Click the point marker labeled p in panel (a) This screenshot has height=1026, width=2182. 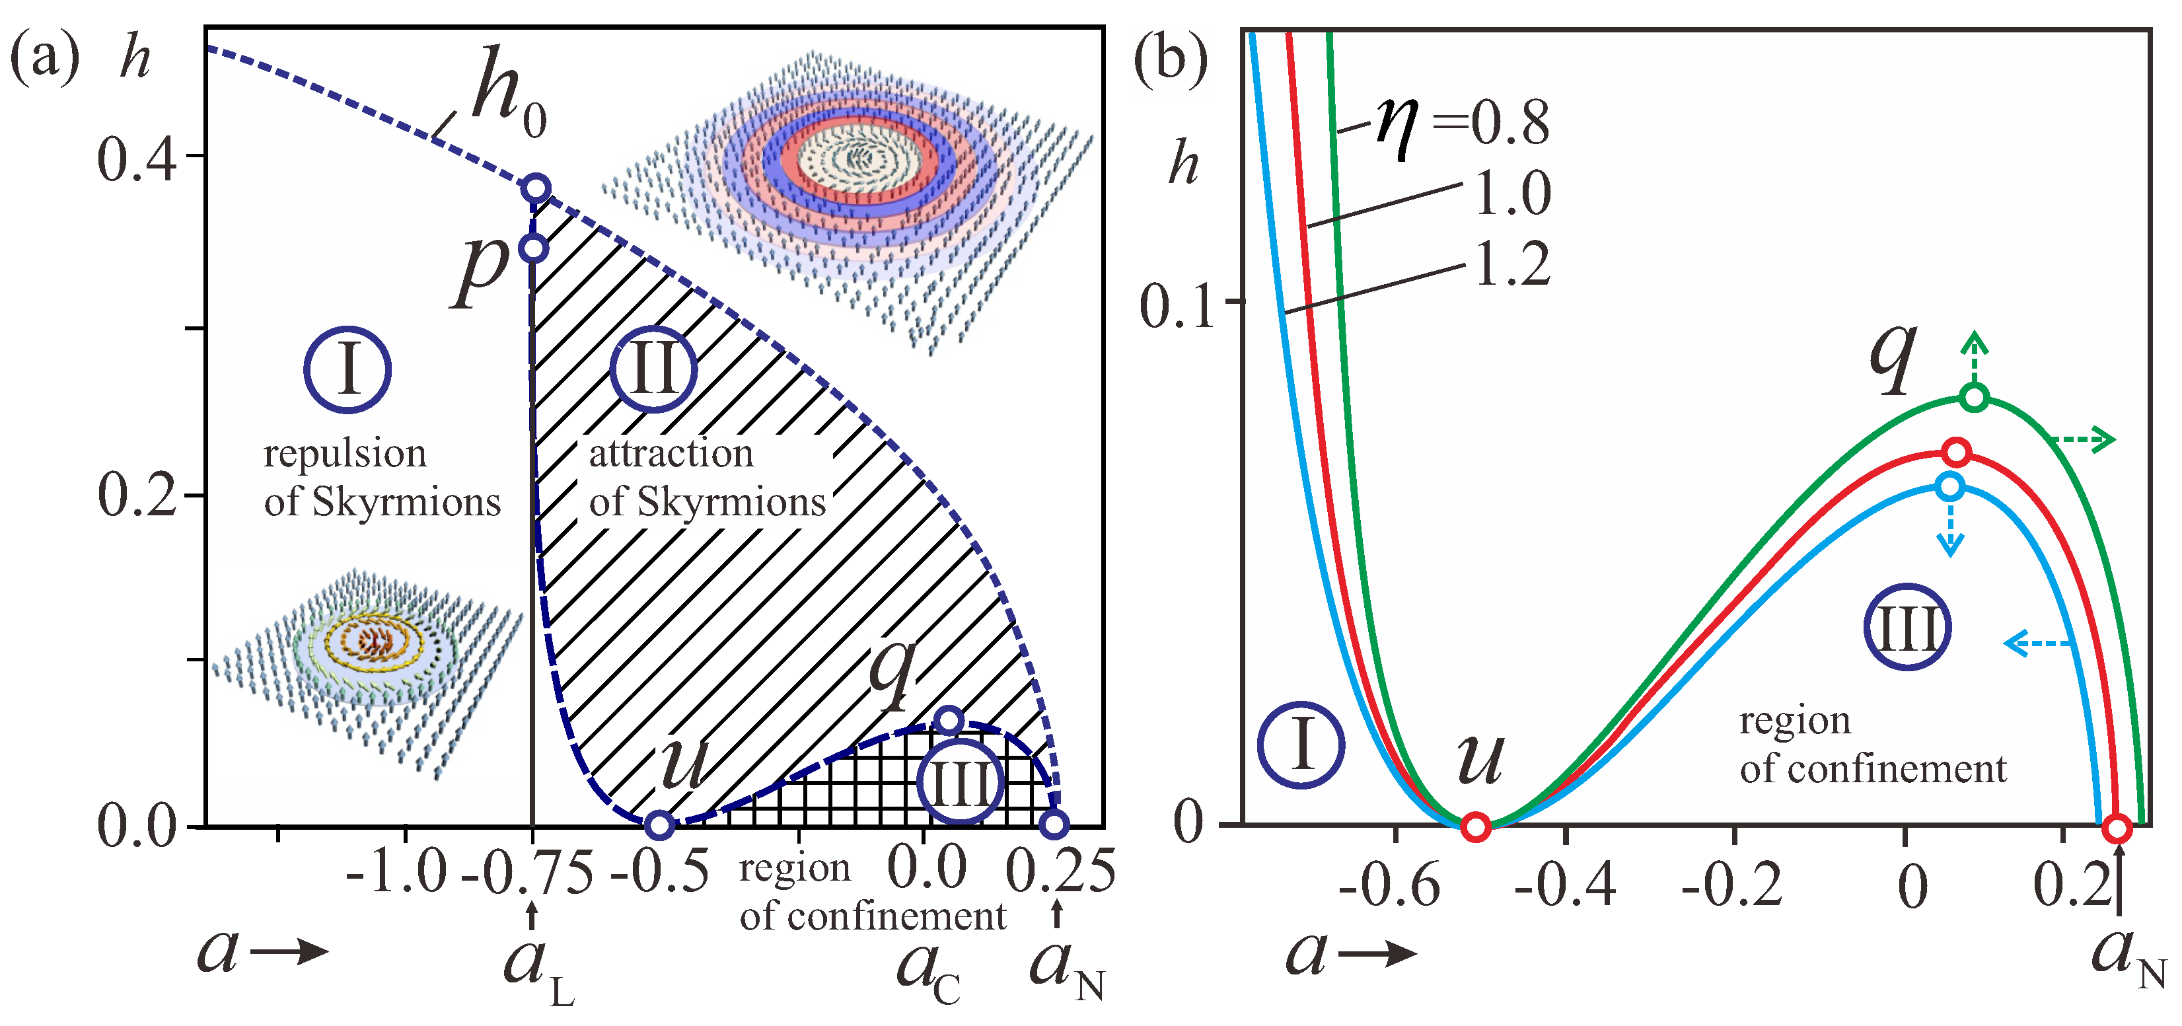[x=534, y=249]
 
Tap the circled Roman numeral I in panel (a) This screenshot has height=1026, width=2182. [x=347, y=370]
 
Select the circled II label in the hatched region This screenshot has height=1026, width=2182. [x=653, y=370]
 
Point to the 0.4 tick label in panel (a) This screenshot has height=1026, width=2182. [x=135, y=159]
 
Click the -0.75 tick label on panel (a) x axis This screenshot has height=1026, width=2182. [x=527, y=873]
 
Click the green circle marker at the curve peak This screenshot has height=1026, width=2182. [x=1974, y=397]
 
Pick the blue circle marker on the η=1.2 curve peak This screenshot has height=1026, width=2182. [x=1950, y=486]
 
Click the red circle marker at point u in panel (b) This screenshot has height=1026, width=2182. [x=1476, y=826]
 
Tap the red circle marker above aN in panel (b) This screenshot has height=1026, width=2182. [x=2118, y=828]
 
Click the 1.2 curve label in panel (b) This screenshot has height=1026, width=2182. [x=1512, y=264]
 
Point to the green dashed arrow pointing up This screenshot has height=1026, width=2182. [x=1975, y=356]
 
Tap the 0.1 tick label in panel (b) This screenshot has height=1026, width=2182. [x=1176, y=307]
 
